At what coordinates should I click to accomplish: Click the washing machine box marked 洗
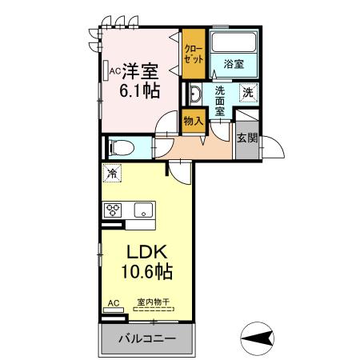pyautogui.click(x=248, y=92)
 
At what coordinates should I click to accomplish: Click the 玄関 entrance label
pyautogui.click(x=246, y=137)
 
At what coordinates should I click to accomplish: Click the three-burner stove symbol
pyautogui.click(x=112, y=211)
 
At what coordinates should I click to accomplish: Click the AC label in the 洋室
pyautogui.click(x=113, y=70)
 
